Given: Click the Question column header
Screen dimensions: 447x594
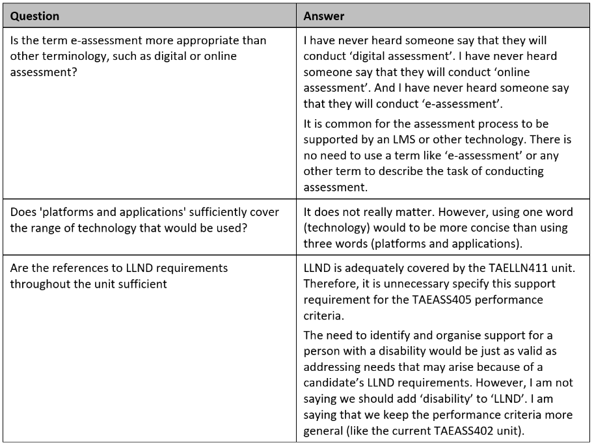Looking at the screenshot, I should (34, 16).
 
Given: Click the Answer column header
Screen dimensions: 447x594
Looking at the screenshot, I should (323, 16).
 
